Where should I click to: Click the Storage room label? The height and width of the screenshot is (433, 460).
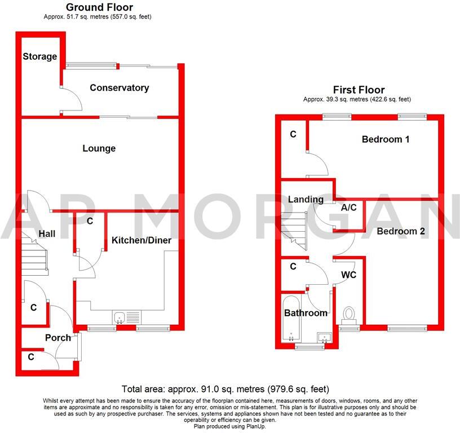(x=40, y=56)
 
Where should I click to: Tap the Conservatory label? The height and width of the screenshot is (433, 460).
(x=119, y=88)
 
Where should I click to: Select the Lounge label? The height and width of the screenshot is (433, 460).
(x=99, y=148)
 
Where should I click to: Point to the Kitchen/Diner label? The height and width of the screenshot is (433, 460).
(x=141, y=241)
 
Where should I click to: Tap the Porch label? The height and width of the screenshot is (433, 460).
(x=58, y=338)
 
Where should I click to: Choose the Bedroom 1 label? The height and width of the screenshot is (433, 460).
(x=386, y=139)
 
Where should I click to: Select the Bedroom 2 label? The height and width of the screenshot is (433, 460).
(x=401, y=231)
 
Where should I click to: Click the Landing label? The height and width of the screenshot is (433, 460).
(x=306, y=200)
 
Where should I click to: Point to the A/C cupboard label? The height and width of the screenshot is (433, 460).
(x=349, y=207)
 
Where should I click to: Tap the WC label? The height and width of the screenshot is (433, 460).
(x=348, y=275)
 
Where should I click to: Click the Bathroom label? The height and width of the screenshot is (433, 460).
(x=306, y=313)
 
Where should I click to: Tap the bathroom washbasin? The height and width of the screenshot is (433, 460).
(x=325, y=337)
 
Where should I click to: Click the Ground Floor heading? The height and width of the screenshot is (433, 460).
(x=99, y=7)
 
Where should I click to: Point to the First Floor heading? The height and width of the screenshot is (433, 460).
(x=359, y=90)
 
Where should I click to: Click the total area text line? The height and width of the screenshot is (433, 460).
(x=225, y=390)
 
